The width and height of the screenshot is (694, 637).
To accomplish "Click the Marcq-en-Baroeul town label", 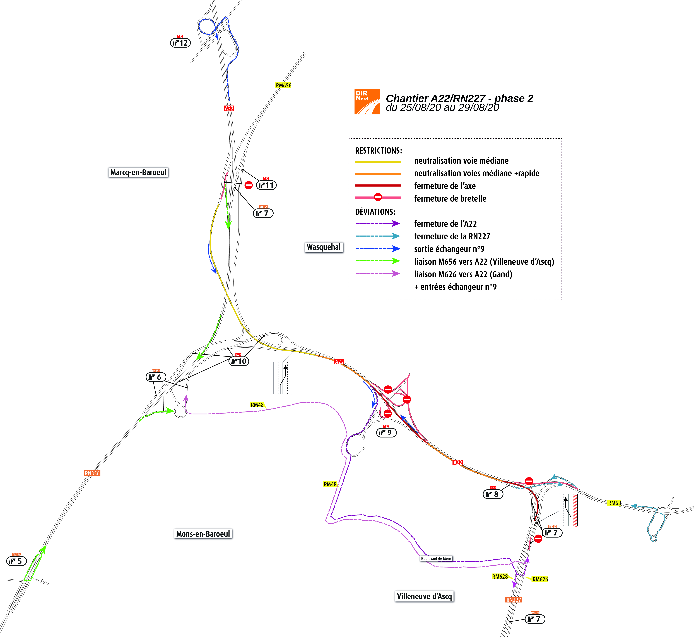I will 138,172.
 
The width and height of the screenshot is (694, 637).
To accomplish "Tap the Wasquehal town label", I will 324,247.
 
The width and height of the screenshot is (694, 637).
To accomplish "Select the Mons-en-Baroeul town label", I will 203,534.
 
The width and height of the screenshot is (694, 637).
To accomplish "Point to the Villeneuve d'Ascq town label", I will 424,596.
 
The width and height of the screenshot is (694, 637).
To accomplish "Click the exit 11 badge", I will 266,185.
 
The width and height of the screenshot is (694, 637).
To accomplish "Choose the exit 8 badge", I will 493,494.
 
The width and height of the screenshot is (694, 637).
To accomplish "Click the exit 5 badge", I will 17,561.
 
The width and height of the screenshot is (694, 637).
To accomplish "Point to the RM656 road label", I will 283,85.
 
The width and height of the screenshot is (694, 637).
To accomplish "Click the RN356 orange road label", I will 92,473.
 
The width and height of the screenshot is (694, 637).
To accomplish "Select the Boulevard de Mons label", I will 436,558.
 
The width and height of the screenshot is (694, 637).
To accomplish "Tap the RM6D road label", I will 614,503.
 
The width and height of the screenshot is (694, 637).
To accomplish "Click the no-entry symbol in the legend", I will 378,197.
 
